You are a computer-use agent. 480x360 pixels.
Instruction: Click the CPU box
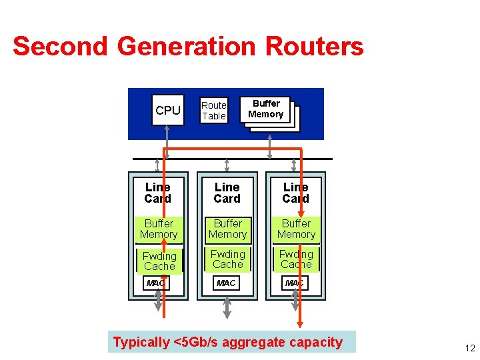coord(167,111)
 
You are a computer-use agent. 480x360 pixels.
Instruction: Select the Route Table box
coord(214,111)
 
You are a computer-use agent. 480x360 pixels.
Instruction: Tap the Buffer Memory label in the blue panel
coord(266,109)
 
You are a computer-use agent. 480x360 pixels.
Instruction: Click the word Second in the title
coord(60,47)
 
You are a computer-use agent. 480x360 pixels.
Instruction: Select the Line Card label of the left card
coord(158,193)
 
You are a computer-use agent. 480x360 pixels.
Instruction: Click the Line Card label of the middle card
coord(227,193)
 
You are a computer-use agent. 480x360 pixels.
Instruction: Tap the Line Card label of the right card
coord(295,193)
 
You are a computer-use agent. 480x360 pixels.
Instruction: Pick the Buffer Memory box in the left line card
coord(159,229)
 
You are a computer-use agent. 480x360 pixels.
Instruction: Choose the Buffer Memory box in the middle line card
coord(227,229)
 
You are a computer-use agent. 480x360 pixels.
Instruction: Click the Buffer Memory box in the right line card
coord(296,229)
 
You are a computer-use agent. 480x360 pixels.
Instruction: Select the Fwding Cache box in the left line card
coord(159,261)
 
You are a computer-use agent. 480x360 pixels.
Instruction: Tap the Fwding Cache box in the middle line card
coord(227,259)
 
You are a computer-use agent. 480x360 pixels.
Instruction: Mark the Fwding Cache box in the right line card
coord(296,259)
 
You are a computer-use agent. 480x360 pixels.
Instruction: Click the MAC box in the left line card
coord(156,283)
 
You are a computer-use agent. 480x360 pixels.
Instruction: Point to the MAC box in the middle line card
coord(227,283)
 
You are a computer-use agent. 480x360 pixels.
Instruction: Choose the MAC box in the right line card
coord(295,283)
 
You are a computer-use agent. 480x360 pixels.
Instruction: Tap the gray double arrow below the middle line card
coord(227,306)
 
